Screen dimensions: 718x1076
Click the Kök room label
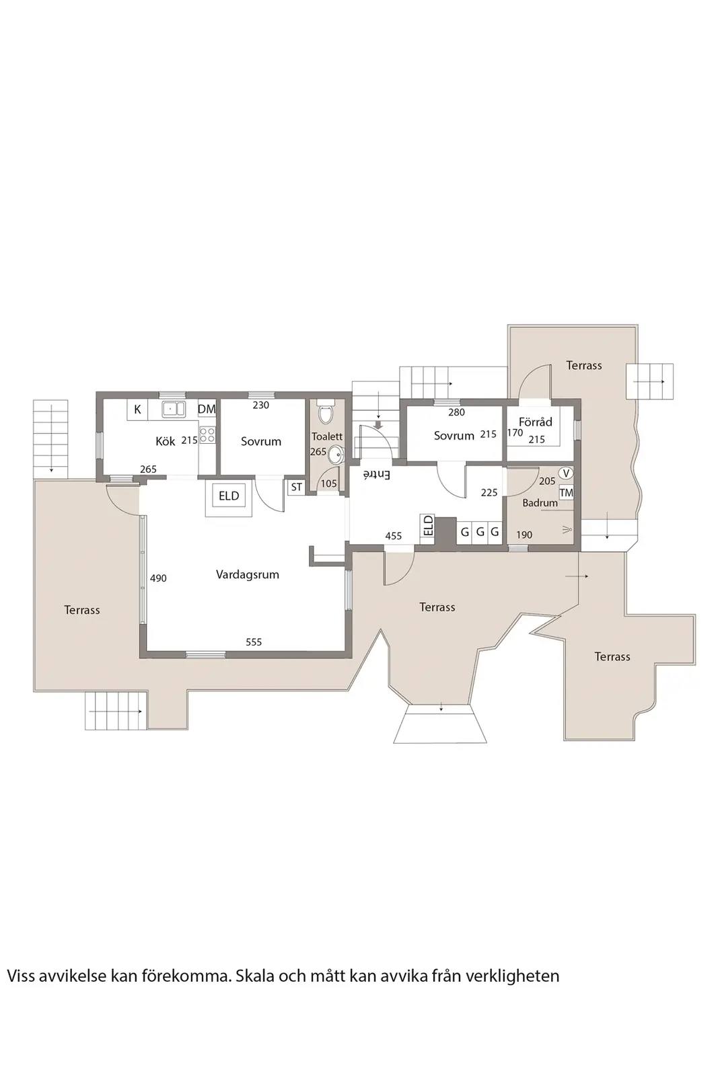pyautogui.click(x=166, y=440)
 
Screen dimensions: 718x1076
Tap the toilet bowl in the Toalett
pyautogui.click(x=326, y=413)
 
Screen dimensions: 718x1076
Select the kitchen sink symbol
pyautogui.click(x=174, y=410)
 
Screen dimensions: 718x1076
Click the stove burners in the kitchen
pyautogui.click(x=207, y=435)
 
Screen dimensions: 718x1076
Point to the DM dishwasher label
pyautogui.click(x=207, y=410)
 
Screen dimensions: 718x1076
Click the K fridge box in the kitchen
pyautogui.click(x=137, y=410)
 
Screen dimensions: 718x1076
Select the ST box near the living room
pyautogui.click(x=297, y=487)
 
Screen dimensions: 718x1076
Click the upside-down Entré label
pyautogui.click(x=378, y=475)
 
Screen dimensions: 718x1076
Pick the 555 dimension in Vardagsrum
pyautogui.click(x=254, y=642)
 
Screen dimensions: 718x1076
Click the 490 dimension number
pyautogui.click(x=158, y=578)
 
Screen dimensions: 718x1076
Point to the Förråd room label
pyautogui.click(x=536, y=422)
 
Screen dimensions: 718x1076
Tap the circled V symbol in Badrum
pyautogui.click(x=567, y=473)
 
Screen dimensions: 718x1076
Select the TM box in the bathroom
pyautogui.click(x=566, y=492)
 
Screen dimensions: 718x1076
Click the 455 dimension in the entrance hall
pyautogui.click(x=393, y=535)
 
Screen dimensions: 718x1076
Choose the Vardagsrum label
pyautogui.click(x=248, y=574)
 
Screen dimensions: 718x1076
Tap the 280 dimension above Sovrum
pyautogui.click(x=456, y=412)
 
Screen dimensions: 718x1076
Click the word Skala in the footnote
pyautogui.click(x=252, y=962)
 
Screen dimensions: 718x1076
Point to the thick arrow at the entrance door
pyautogui.click(x=378, y=424)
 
